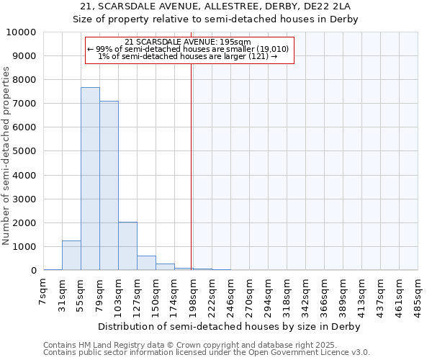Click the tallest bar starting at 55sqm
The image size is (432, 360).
pyautogui.click(x=90, y=179)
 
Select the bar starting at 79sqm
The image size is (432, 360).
pyautogui.click(x=109, y=186)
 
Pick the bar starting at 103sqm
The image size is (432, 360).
pyautogui.click(x=127, y=246)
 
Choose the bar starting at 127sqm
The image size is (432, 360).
pyautogui.click(x=146, y=263)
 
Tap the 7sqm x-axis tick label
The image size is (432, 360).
pyautogui.click(x=44, y=292)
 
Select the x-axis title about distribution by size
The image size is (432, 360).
pyautogui.click(x=230, y=326)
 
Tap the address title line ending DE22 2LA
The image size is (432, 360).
pyautogui.click(x=216, y=6)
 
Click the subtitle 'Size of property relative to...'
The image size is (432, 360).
pyautogui.click(x=216, y=19)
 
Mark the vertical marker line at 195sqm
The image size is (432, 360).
pyautogui.click(x=191, y=166)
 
